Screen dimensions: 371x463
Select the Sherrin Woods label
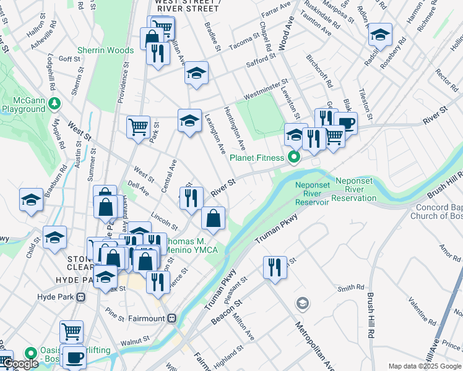[x=105, y=51]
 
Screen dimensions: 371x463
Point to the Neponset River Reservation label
[x=353, y=189]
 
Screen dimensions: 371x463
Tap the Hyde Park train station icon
[x=80, y=297]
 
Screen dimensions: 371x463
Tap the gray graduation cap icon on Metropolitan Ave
[x=302, y=303]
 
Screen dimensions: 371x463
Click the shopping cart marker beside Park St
[x=138, y=127]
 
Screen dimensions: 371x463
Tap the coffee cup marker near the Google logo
[x=76, y=357]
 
